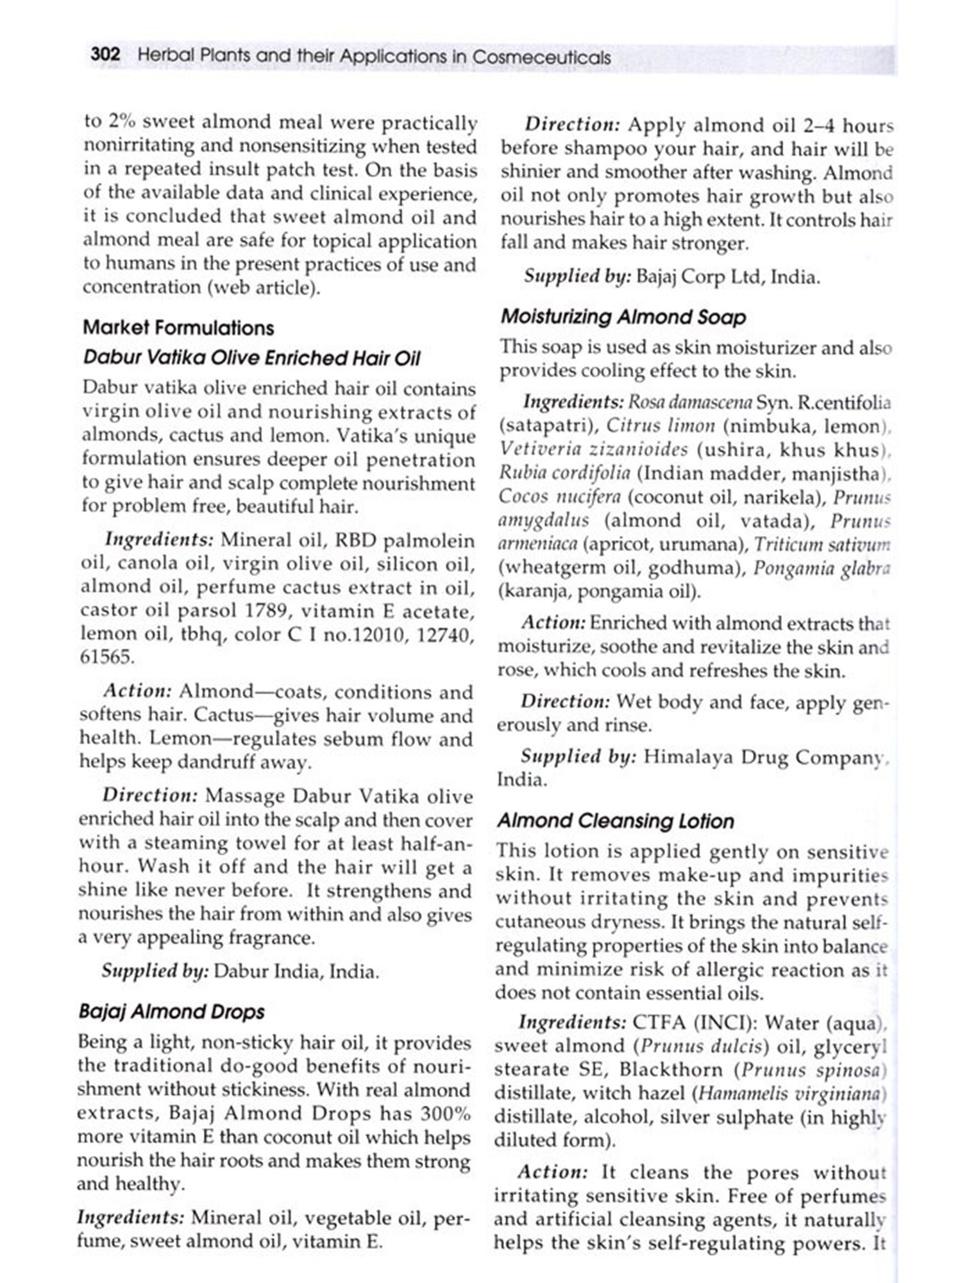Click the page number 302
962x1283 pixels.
tap(105, 55)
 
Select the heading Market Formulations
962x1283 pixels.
tap(178, 328)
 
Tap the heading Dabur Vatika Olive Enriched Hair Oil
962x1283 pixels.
tap(251, 358)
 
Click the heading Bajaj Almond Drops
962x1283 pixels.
tap(171, 1012)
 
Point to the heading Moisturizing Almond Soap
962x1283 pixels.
tap(623, 317)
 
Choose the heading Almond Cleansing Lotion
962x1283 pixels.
tap(616, 821)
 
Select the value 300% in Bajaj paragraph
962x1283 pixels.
tap(445, 1113)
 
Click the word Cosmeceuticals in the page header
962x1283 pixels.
tap(541, 57)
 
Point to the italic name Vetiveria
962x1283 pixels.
tap(538, 449)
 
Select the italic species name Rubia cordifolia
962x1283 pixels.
tap(564, 473)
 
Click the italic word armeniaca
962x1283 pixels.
tap(537, 544)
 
